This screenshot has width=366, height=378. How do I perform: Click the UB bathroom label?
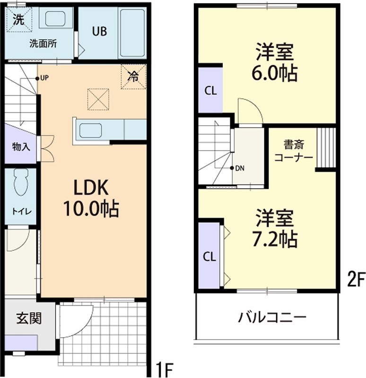point(99,32)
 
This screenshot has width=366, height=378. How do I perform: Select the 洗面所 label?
point(43,44)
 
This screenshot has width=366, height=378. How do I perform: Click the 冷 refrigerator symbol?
point(133,76)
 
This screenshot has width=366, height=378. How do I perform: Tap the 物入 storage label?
point(21,146)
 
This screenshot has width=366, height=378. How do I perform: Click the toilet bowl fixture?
point(20,182)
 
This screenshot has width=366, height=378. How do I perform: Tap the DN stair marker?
point(239,168)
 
